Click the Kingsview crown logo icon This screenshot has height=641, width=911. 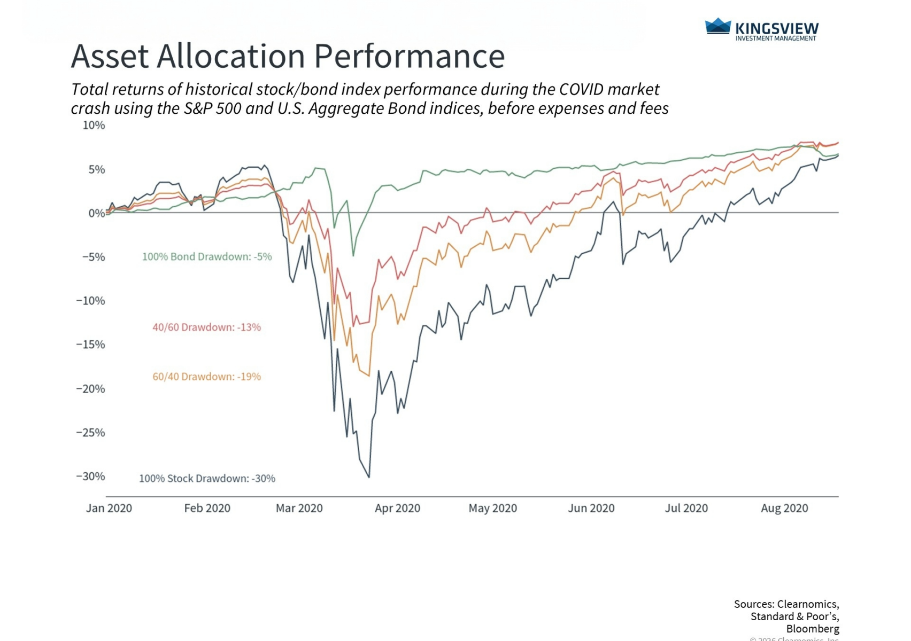click(717, 26)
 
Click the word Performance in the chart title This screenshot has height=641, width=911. click(409, 56)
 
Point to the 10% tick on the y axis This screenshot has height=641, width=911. click(94, 126)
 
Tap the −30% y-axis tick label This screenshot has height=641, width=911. click(90, 476)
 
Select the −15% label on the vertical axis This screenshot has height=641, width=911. click(90, 345)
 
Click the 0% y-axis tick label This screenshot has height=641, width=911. click(96, 213)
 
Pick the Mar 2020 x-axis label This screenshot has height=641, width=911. click(299, 508)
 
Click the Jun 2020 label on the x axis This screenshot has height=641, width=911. click(591, 508)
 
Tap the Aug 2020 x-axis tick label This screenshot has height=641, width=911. click(784, 508)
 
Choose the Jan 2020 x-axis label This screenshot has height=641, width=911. click(109, 508)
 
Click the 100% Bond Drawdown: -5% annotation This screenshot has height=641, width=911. click(207, 257)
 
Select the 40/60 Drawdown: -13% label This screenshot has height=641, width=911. click(207, 327)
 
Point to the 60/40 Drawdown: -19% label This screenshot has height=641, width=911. click(207, 377)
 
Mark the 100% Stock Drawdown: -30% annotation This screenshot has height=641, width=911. click(207, 479)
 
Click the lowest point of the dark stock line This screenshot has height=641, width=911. click(369, 477)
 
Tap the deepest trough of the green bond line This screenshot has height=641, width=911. click(353, 256)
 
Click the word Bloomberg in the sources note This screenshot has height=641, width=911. click(812, 629)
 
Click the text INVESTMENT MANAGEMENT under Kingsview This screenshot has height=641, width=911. click(776, 38)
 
